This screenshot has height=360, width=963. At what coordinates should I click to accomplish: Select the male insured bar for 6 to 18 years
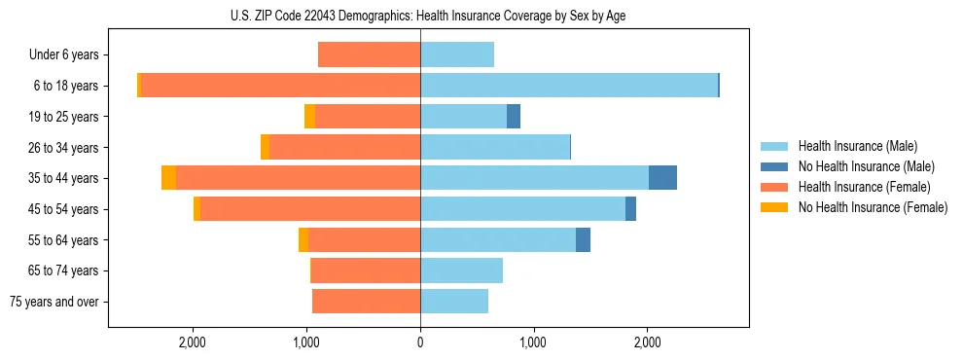569,86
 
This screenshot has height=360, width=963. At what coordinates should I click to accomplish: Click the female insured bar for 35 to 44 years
298,178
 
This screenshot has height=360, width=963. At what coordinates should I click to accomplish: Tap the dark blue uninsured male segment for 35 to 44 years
662,178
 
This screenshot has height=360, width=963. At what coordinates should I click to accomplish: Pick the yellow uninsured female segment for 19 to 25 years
309,117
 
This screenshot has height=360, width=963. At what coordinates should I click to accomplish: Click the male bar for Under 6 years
457,54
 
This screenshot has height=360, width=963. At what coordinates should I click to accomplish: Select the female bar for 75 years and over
366,302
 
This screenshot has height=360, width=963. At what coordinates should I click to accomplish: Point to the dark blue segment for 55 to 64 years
583,240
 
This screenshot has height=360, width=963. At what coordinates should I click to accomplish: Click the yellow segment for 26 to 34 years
265,147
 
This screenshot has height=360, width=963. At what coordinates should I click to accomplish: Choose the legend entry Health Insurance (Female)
864,187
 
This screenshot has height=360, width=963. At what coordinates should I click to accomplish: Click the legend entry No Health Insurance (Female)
872,207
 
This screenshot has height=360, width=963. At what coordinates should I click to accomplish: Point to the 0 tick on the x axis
420,342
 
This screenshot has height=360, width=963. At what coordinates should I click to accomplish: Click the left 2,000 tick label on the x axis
193,342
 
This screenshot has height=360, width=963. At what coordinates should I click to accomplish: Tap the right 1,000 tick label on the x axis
533,342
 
